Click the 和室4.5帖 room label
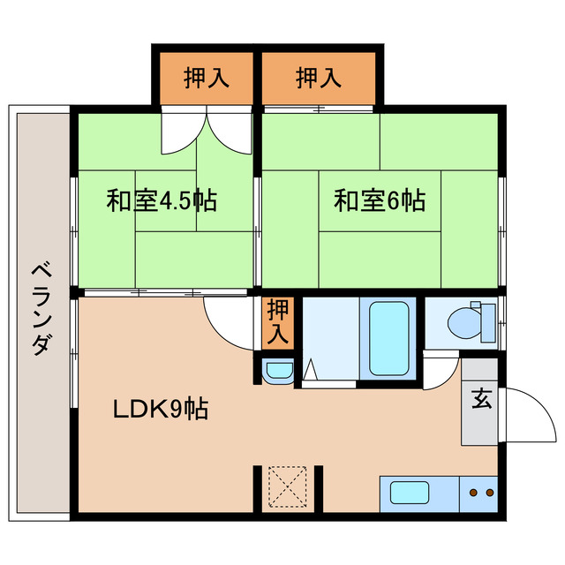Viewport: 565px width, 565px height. tap(162, 200)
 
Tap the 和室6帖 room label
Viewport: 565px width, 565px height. tap(380, 201)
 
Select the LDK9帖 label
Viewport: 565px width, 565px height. tap(161, 409)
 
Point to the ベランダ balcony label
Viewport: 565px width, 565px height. tap(38, 308)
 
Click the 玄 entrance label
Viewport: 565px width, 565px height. tap(481, 401)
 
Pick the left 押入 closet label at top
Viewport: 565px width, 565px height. tap(207, 79)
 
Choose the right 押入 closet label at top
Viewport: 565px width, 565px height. tap(319, 79)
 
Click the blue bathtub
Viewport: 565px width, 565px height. tap(388, 339)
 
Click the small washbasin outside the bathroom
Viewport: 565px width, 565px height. tap(279, 371)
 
